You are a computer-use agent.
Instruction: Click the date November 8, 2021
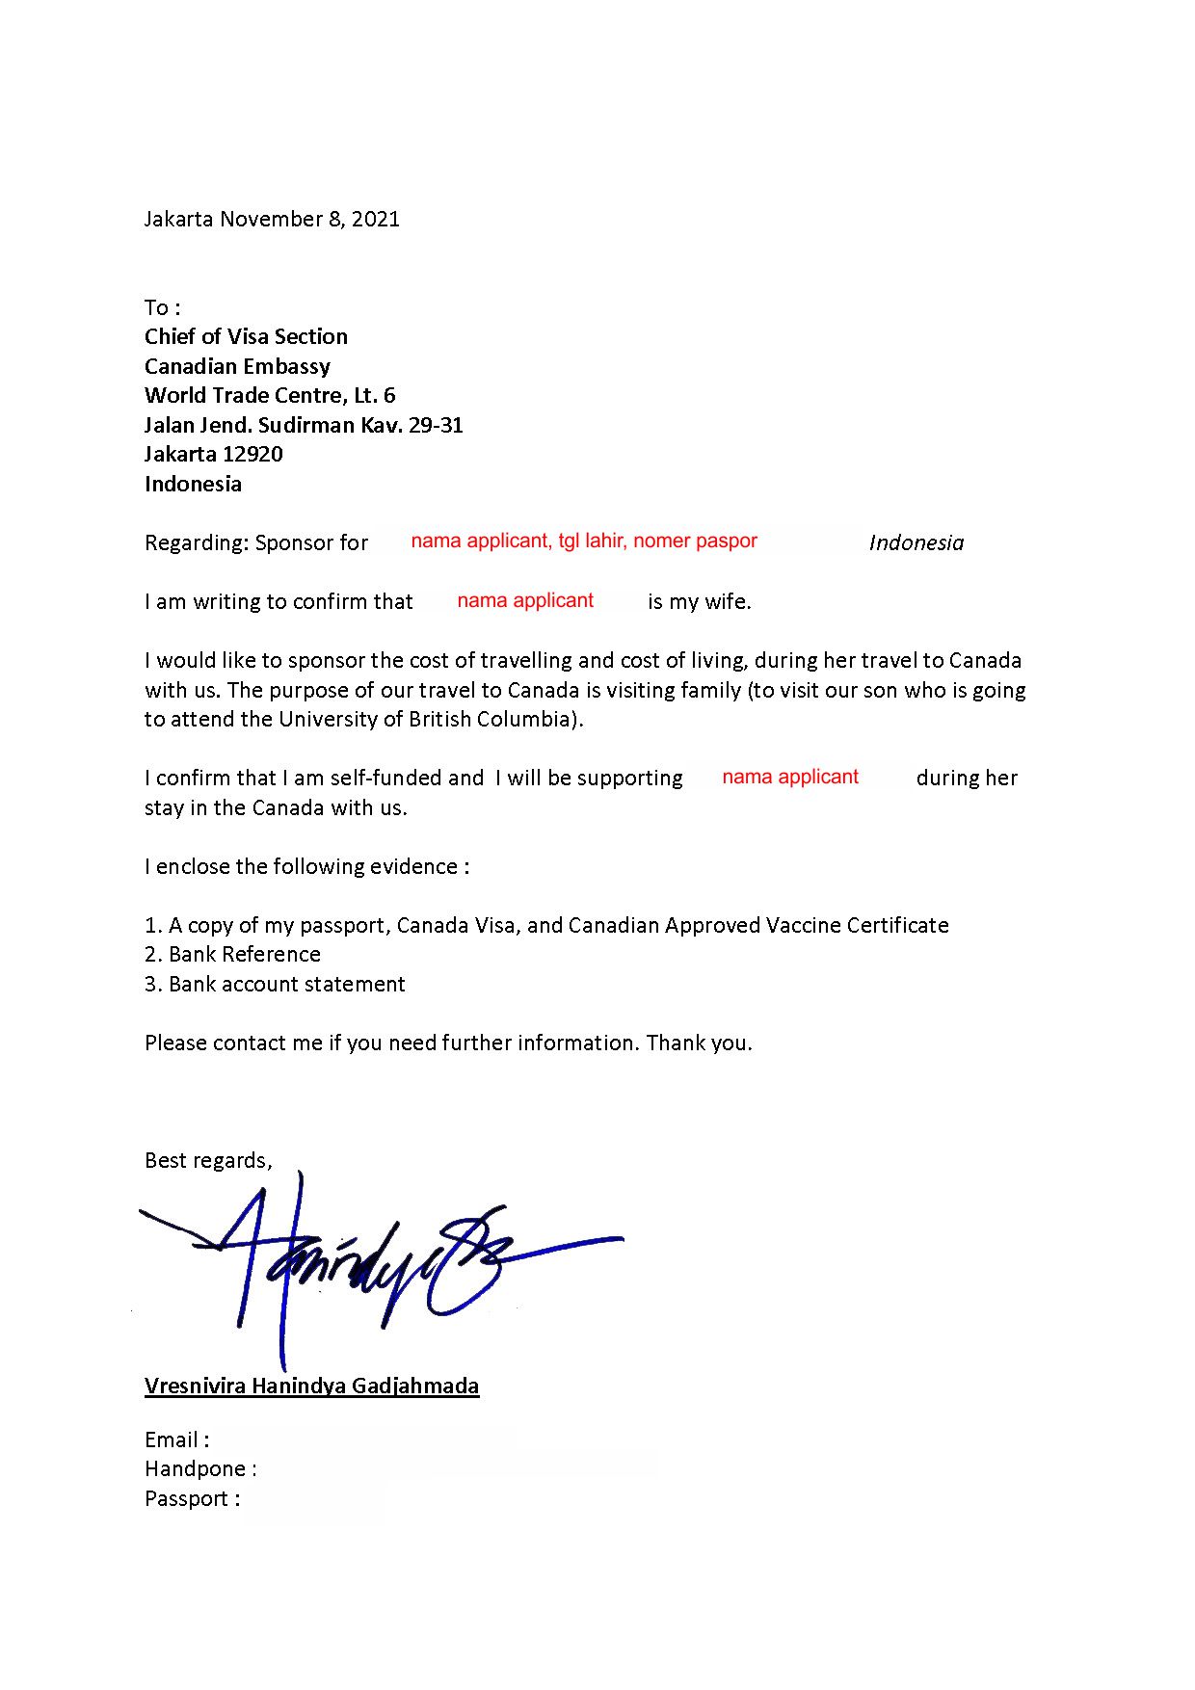click(x=309, y=219)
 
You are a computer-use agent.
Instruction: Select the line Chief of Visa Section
click(x=246, y=336)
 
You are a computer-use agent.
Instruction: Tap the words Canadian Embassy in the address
click(x=237, y=366)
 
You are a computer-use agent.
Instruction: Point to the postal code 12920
click(x=252, y=454)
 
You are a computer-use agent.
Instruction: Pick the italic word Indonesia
click(x=916, y=542)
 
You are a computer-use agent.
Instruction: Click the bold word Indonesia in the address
click(x=193, y=484)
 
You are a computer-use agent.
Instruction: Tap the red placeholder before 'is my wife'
click(x=525, y=600)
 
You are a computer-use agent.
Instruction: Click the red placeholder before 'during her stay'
click(x=789, y=777)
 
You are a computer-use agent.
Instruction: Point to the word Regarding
click(x=196, y=543)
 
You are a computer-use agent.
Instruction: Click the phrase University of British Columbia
click(x=430, y=719)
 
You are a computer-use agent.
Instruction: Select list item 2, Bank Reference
click(x=232, y=954)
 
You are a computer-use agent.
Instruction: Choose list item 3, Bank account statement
click(x=275, y=984)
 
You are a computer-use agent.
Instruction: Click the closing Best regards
click(x=207, y=1160)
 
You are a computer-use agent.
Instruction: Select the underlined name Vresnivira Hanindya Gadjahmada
click(x=311, y=1386)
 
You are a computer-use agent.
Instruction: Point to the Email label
click(x=176, y=1439)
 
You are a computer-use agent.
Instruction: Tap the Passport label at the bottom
click(x=191, y=1498)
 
